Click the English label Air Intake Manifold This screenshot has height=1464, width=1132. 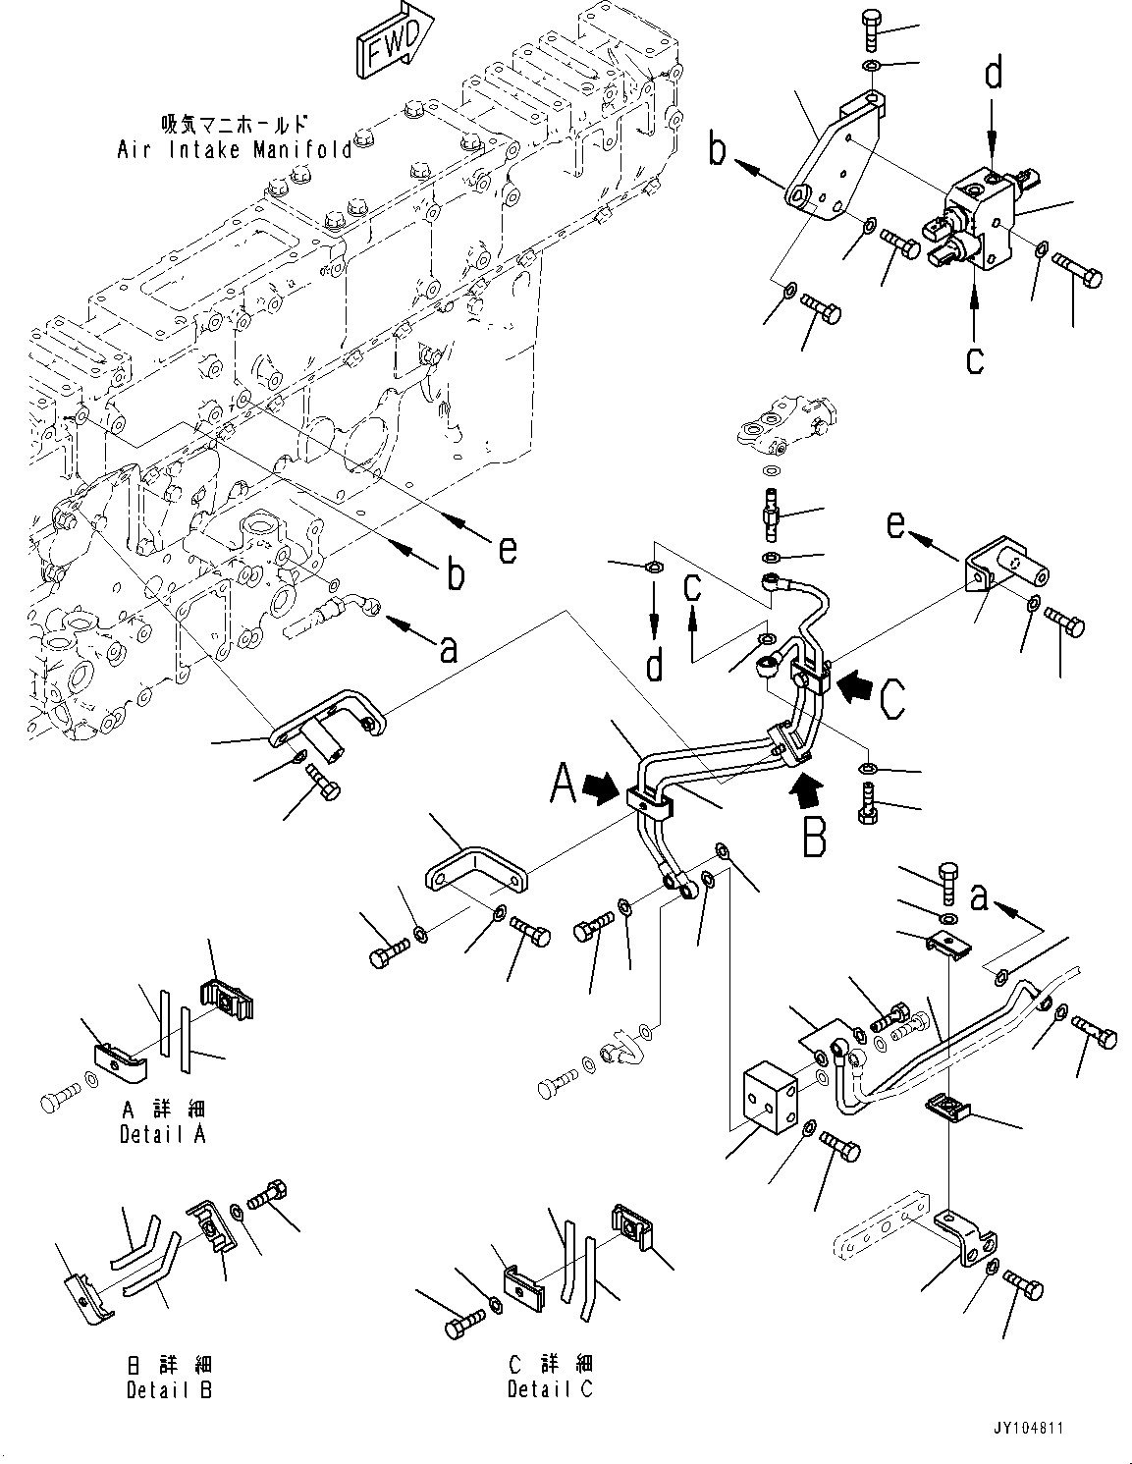pyautogui.click(x=235, y=149)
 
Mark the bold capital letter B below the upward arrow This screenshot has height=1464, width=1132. pyautogui.click(x=814, y=837)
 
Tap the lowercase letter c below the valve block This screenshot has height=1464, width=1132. pyautogui.click(x=974, y=359)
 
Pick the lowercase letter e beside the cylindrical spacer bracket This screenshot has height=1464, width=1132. pyautogui.click(x=895, y=525)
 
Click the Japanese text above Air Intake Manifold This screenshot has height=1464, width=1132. pyautogui.click(x=235, y=125)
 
